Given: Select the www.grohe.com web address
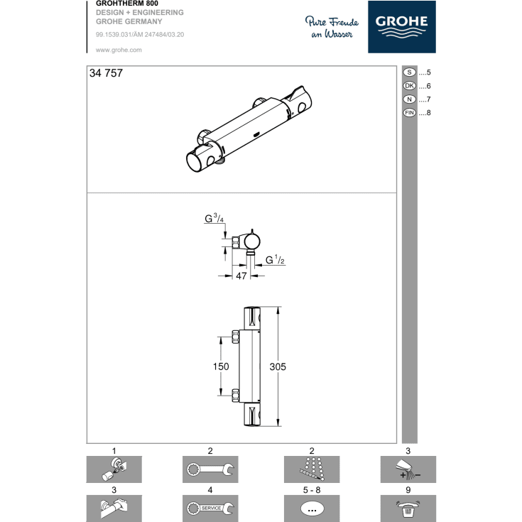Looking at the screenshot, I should (x=119, y=50).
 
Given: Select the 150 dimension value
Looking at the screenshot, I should (x=221, y=366).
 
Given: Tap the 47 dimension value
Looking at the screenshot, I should (x=241, y=276).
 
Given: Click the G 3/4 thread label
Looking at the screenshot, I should (x=214, y=219).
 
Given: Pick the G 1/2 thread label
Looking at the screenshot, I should (x=275, y=260).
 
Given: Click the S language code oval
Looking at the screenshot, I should (x=410, y=72).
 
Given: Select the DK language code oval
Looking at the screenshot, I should (x=410, y=86).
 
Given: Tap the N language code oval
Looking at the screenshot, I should (x=410, y=99).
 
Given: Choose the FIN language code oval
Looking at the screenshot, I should (x=410, y=113).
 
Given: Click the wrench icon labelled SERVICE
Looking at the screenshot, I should (x=210, y=508).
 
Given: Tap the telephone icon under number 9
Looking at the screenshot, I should (x=408, y=508).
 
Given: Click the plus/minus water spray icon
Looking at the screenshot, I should (x=408, y=469).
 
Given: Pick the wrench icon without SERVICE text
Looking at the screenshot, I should (x=210, y=469).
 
